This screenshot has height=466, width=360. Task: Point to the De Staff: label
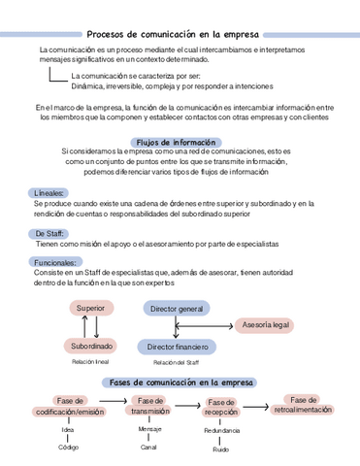51,234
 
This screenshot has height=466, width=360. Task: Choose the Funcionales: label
56,262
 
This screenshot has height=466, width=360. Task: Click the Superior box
90,308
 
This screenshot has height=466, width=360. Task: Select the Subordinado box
91,346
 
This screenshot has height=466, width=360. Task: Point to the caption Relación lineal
90,361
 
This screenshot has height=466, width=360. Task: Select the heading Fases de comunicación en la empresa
181,383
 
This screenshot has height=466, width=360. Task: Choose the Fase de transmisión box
150,407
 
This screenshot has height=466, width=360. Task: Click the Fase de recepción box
221,407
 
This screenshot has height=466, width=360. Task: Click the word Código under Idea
68,448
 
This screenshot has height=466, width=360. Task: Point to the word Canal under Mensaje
148,447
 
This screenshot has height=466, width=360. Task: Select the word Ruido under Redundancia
221,449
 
